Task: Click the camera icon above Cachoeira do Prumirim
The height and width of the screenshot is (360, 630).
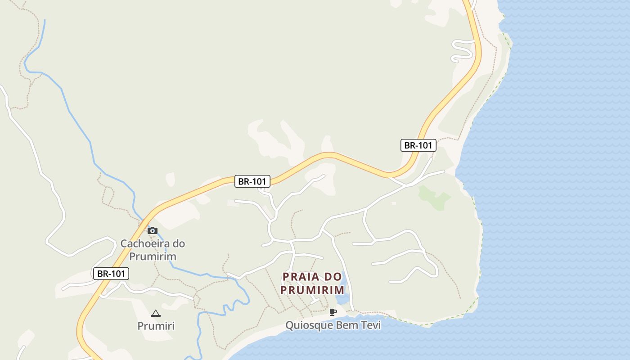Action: point(153,230)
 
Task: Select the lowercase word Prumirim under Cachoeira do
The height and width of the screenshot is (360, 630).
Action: point(153,256)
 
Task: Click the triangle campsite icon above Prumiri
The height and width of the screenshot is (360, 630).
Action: point(156,313)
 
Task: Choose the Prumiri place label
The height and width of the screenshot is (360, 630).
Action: point(156,326)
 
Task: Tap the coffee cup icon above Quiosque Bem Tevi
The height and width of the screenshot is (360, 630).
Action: point(333,312)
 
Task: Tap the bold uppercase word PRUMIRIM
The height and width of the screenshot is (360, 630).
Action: point(312,290)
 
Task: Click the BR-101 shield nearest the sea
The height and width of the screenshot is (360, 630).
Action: point(418,145)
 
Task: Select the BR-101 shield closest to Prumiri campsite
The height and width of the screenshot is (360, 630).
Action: point(111,274)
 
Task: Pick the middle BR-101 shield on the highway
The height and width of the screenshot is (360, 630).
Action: point(252,182)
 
